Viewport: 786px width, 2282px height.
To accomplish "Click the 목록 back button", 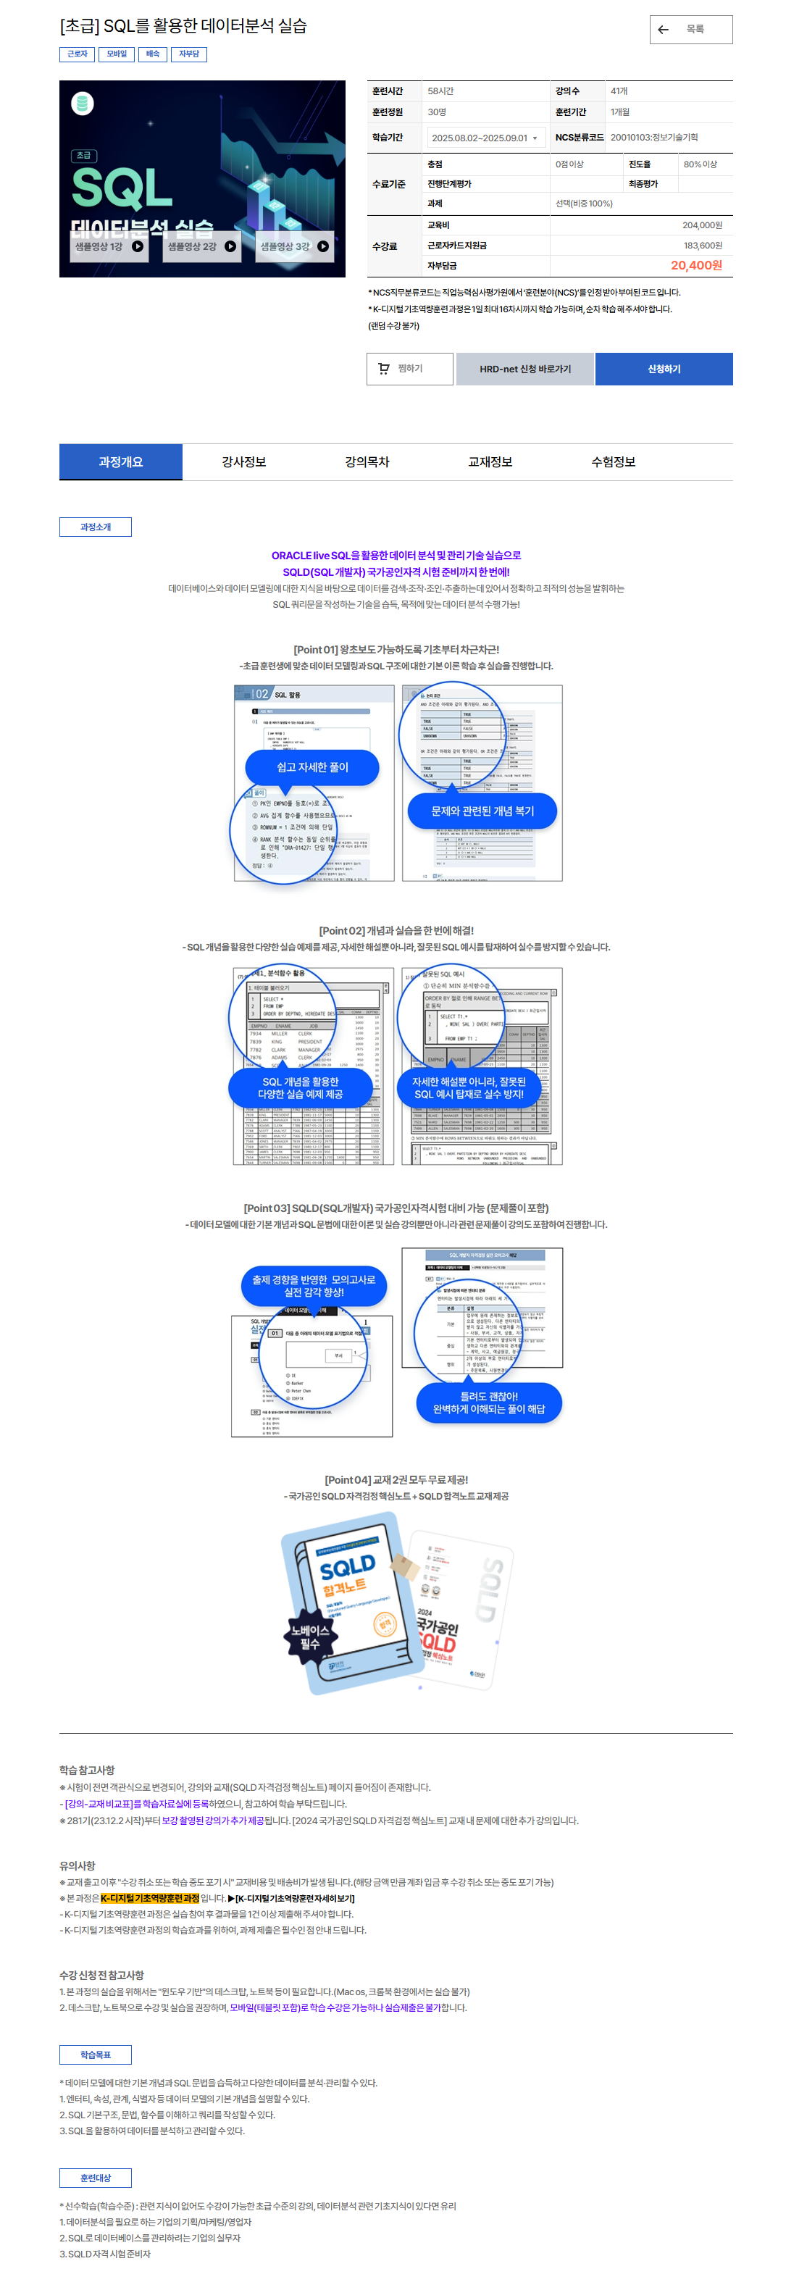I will pyautogui.click(x=690, y=29).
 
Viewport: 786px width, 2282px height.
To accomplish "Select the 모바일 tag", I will pyautogui.click(x=116, y=54).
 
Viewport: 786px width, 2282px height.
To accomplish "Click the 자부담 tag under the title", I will pyautogui.click(x=189, y=54).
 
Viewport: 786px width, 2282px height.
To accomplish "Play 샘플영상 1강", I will pyautogui.click(x=109, y=246).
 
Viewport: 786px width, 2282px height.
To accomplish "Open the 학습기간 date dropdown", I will pyautogui.click(x=485, y=138).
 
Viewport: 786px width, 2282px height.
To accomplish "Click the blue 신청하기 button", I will pyautogui.click(x=663, y=369).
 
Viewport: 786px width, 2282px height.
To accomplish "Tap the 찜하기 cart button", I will pyautogui.click(x=409, y=369).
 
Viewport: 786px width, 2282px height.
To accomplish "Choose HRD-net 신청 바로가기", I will pyautogui.click(x=524, y=369).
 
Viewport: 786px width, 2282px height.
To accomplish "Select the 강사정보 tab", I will pyautogui.click(x=243, y=461).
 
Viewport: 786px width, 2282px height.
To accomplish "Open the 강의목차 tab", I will pyautogui.click(x=367, y=461).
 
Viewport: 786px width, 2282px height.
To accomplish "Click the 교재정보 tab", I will pyautogui.click(x=490, y=461).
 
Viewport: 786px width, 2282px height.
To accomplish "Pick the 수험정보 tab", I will pyautogui.click(x=613, y=461).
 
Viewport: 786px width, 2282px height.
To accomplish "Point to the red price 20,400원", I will pyautogui.click(x=695, y=266).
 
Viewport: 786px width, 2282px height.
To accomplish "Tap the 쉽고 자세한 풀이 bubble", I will pyautogui.click(x=312, y=767).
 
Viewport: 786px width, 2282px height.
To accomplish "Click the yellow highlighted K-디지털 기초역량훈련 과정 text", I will pyautogui.click(x=150, y=1899).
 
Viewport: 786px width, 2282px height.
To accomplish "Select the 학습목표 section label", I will pyautogui.click(x=96, y=2055).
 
